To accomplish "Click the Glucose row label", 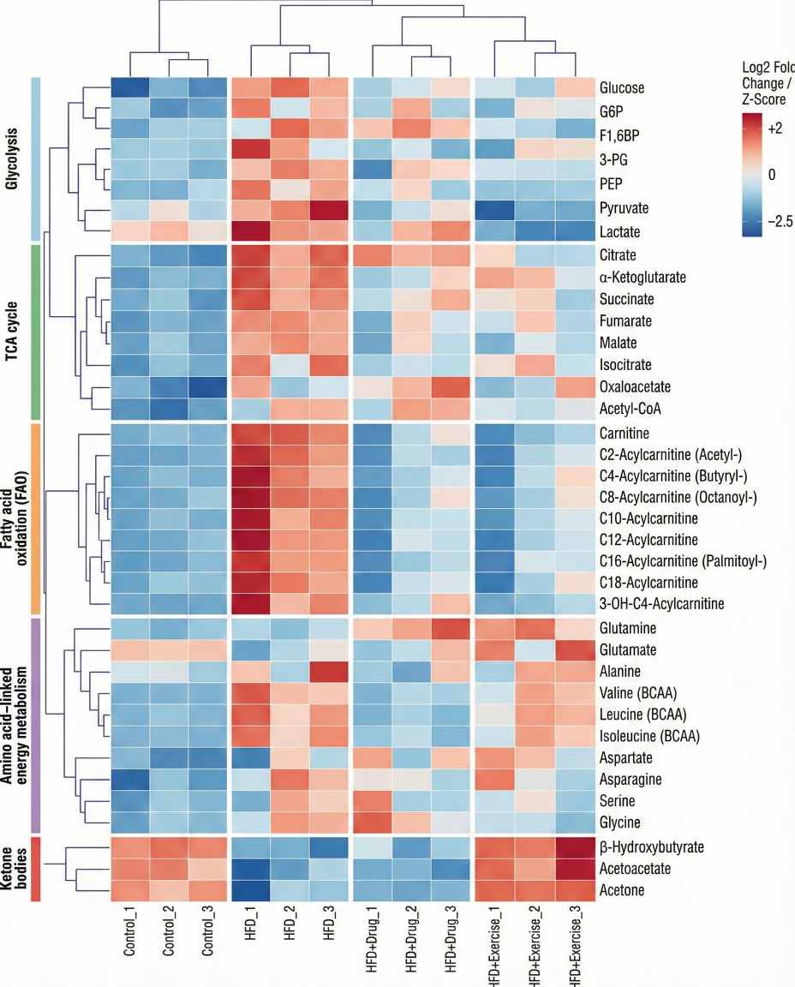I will [622, 88].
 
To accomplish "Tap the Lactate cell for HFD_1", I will [251, 231].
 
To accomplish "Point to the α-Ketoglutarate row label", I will [643, 278].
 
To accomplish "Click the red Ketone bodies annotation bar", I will [37, 870].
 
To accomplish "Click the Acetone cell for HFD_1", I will [251, 890].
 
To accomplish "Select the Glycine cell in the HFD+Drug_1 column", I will [373, 823].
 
